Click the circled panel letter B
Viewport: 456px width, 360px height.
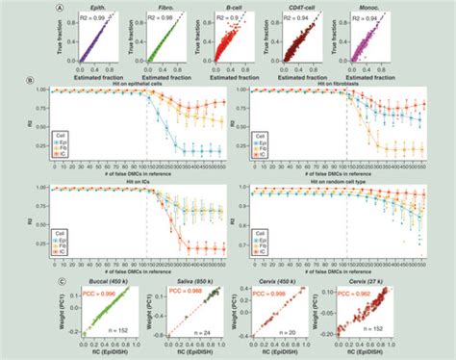click(x=35, y=78)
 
